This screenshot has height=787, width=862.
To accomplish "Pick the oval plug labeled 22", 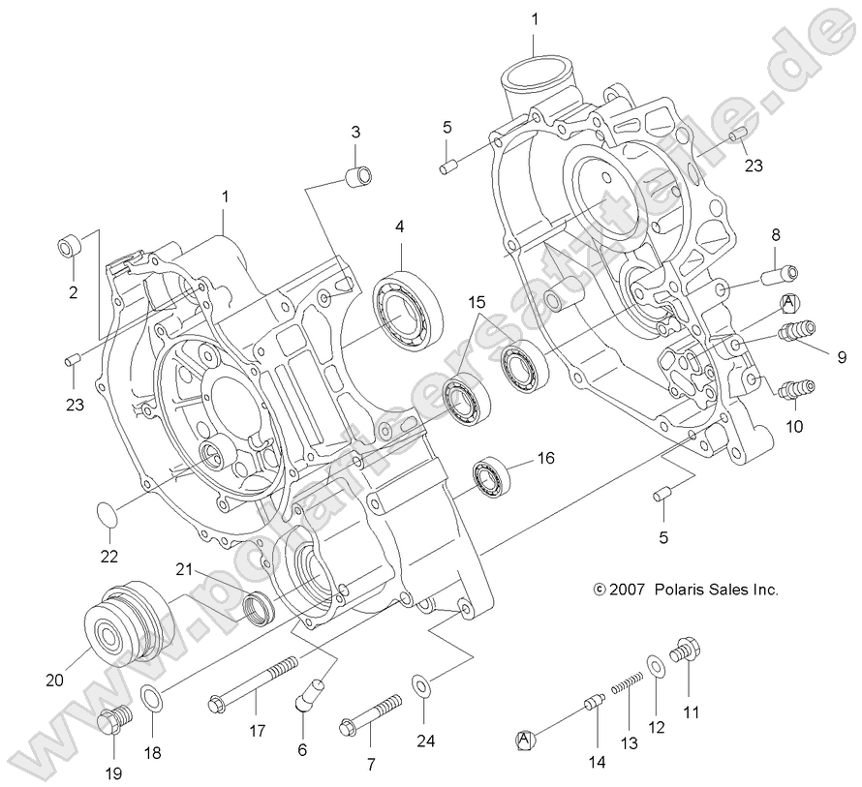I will [108, 517].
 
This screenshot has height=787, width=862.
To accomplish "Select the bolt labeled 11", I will [686, 651].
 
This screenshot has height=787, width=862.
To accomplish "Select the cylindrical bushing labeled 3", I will [358, 178].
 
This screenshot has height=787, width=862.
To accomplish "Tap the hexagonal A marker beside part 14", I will [525, 740].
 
